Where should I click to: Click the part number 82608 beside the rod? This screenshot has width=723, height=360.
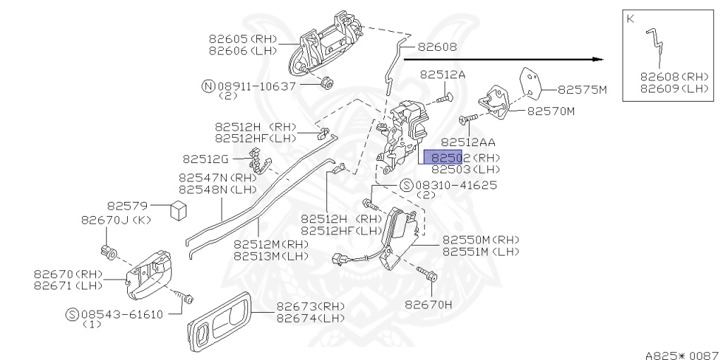pyautogui.click(x=437, y=47)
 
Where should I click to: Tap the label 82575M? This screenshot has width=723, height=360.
pyautogui.click(x=582, y=90)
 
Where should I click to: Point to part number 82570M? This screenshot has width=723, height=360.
pyautogui.click(x=551, y=111)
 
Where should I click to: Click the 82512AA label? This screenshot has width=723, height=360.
pyautogui.click(x=468, y=143)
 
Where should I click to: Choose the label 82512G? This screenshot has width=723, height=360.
pyautogui.click(x=205, y=159)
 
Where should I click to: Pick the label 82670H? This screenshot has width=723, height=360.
pyautogui.click(x=429, y=305)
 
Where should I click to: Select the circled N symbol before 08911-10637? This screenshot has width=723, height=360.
pyautogui.click(x=208, y=85)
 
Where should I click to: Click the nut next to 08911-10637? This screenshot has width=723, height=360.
pyautogui.click(x=325, y=83)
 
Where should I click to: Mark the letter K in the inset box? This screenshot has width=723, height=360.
pyautogui.click(x=630, y=19)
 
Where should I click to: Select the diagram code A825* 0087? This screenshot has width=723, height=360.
pyautogui.click(x=681, y=351)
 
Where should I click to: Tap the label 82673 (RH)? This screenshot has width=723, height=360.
pyautogui.click(x=310, y=306)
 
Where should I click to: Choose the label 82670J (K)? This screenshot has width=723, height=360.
pyautogui.click(x=116, y=220)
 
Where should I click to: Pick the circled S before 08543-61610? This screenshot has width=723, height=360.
pyautogui.click(x=72, y=314)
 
